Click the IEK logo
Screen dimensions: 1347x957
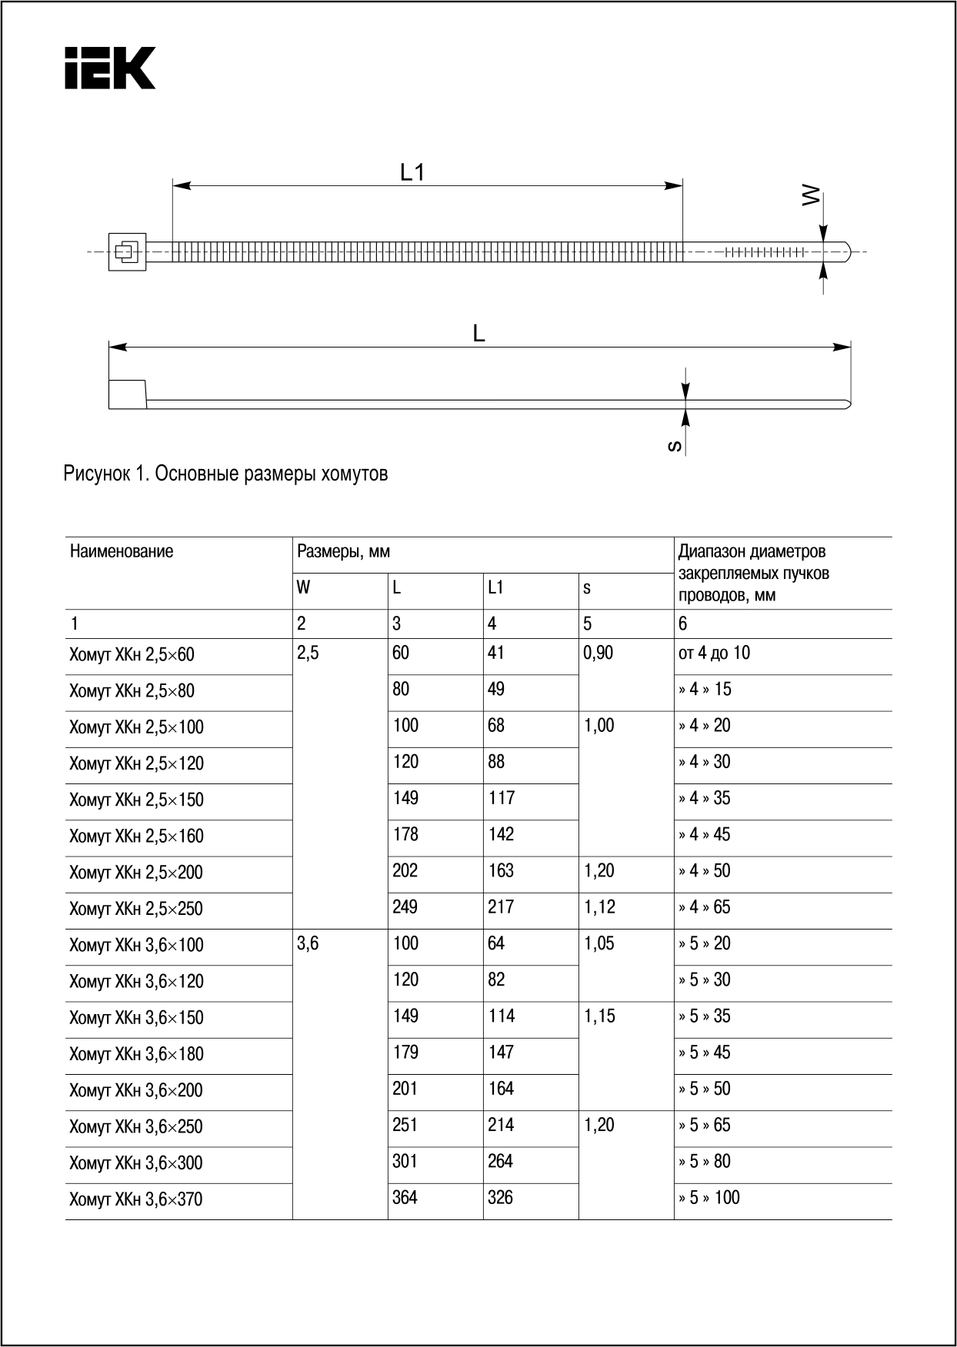(x=110, y=68)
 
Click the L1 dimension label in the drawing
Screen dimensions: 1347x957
(x=412, y=173)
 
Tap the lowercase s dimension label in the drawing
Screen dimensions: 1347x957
(x=675, y=445)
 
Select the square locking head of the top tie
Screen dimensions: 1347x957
(x=127, y=251)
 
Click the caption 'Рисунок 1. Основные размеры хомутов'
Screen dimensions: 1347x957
(x=225, y=474)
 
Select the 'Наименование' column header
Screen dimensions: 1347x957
(x=122, y=551)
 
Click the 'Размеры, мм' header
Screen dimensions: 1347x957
(x=343, y=551)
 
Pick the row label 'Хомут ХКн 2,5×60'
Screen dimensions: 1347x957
(x=132, y=655)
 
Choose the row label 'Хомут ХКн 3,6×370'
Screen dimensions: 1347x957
(x=136, y=1199)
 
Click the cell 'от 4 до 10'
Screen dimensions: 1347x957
(x=714, y=654)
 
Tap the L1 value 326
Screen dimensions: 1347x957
(x=500, y=1198)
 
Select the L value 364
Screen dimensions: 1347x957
(x=405, y=1198)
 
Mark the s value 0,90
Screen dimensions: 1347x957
(x=599, y=654)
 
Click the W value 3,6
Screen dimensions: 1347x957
(x=308, y=944)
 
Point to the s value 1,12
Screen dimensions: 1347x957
(x=599, y=907)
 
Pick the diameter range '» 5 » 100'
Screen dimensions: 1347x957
(x=709, y=1198)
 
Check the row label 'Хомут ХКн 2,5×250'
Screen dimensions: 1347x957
(x=136, y=909)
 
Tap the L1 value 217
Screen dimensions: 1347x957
(x=501, y=907)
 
